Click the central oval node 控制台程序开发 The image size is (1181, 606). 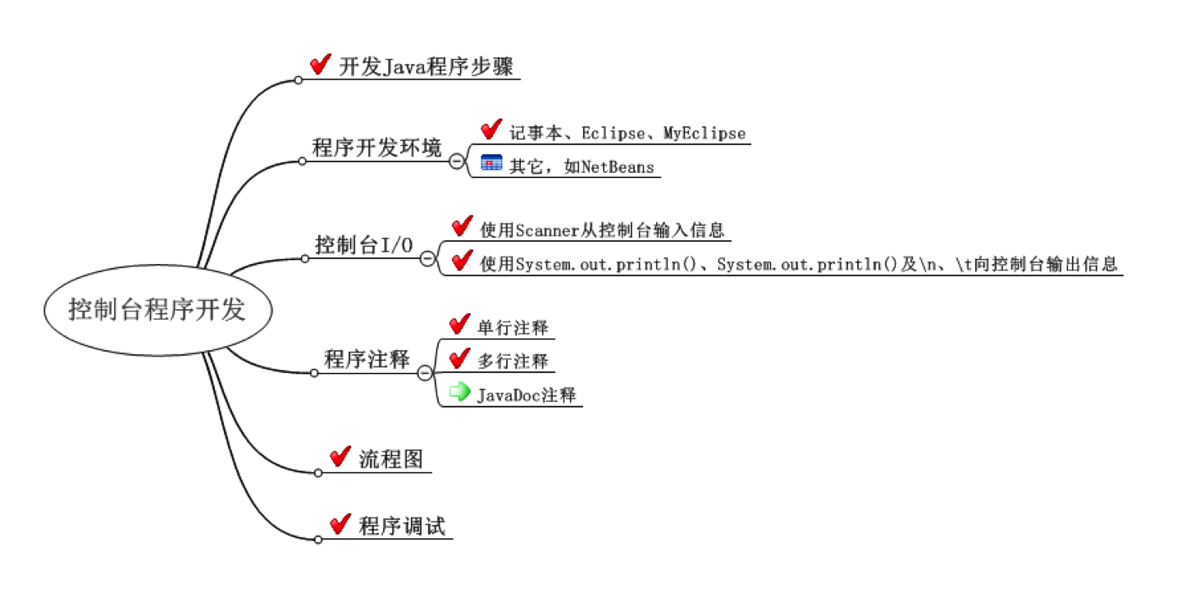pos(157,310)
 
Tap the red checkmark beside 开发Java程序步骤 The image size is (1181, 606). pos(320,65)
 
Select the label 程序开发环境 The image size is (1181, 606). pos(376,148)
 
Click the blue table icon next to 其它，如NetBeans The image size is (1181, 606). pos(491,163)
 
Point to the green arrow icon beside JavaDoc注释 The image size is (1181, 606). pos(460,392)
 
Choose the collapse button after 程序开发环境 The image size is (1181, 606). pos(457,161)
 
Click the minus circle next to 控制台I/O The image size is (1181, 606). pos(427,258)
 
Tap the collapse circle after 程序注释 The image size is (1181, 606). pos(425,373)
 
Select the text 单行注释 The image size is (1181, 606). pos(513,328)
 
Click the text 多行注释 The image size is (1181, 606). pos(513,361)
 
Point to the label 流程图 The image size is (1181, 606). pos(391,459)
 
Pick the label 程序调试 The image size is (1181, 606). pos(402,526)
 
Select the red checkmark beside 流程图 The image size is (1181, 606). pos(340,458)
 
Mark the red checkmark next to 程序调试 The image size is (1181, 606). pos(340,524)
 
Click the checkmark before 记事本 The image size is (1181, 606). pos(490,130)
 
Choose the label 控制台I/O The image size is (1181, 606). pos(364,245)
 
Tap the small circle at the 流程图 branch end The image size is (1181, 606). pos(318,472)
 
